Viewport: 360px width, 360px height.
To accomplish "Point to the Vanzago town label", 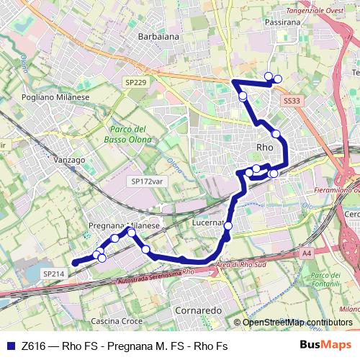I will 68,159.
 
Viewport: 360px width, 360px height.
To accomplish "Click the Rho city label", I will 265,146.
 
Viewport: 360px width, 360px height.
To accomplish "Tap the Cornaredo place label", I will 198,310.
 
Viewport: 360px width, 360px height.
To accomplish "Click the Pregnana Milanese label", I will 122,225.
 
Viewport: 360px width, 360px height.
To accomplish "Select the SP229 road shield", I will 135,83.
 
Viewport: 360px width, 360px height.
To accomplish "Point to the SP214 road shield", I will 54,274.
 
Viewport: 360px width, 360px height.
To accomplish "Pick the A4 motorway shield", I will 307,253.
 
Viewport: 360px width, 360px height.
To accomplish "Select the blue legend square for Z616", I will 10,346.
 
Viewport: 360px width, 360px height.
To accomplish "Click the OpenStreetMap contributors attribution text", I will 297,322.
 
